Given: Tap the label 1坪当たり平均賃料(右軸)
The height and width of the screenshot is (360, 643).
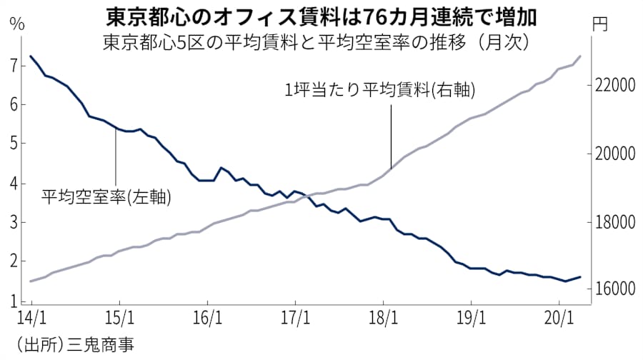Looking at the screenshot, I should [x=380, y=90].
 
